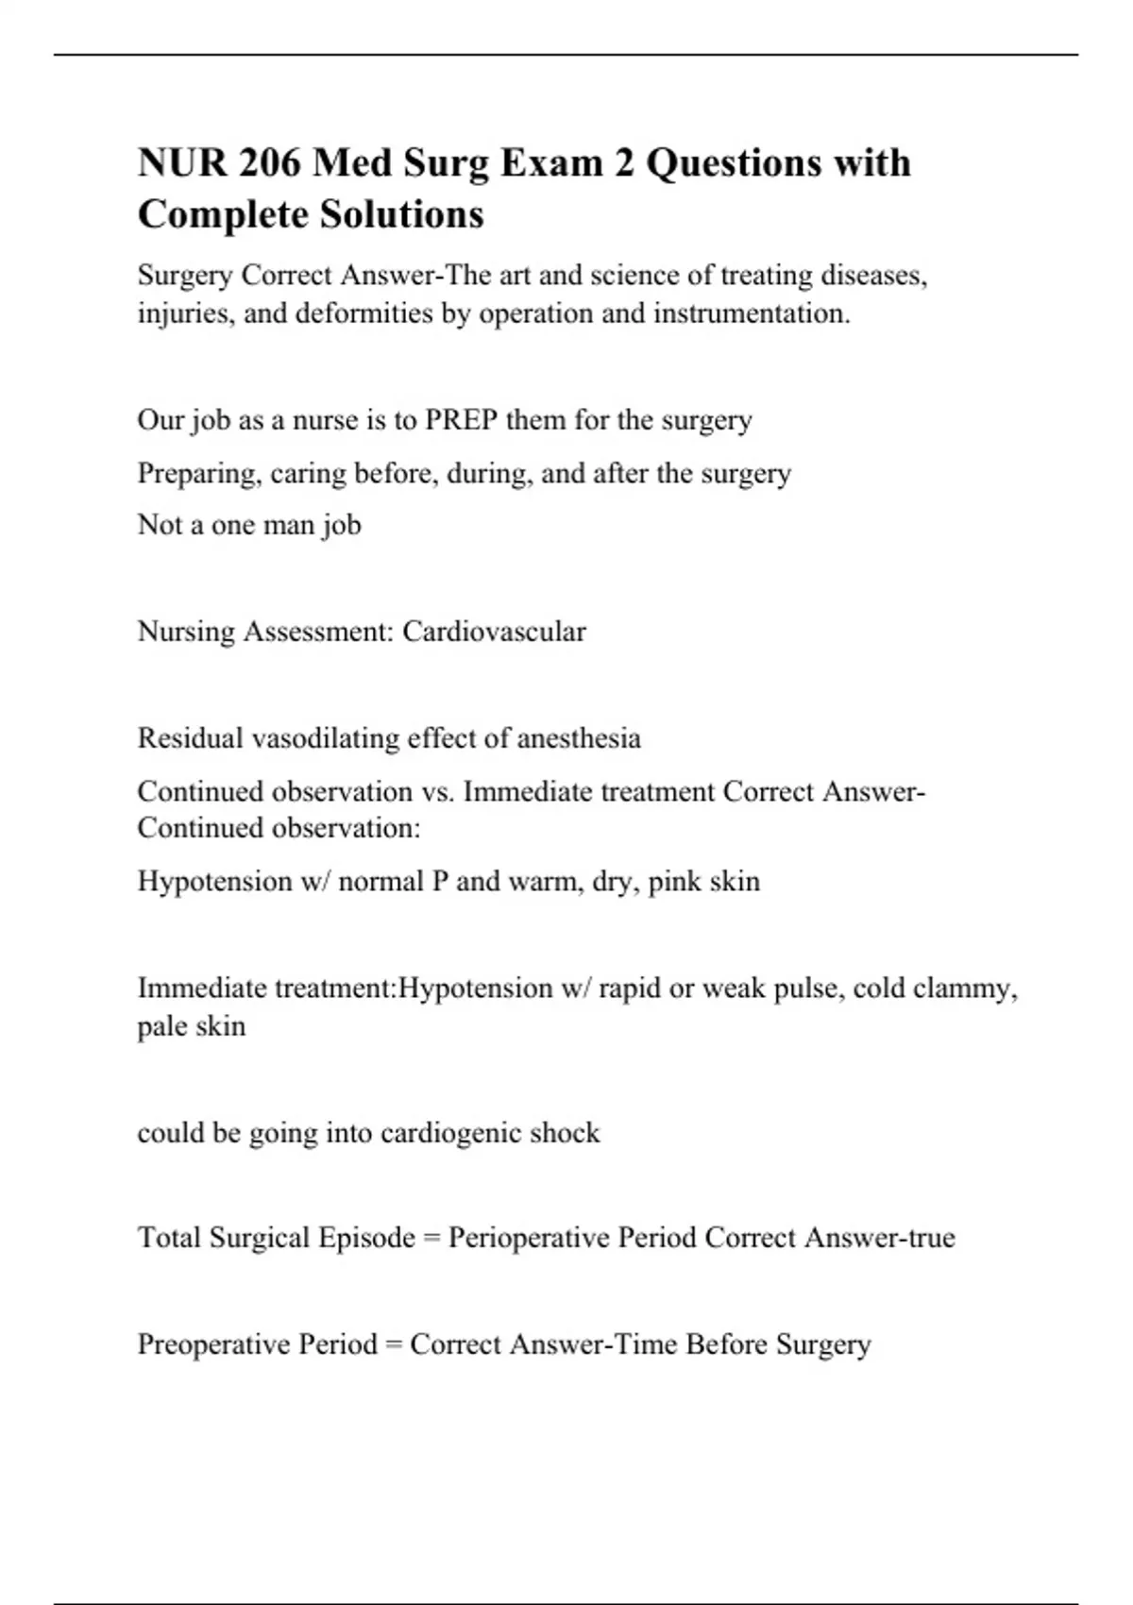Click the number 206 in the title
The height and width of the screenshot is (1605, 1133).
tap(269, 162)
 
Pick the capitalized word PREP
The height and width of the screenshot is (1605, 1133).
tap(462, 419)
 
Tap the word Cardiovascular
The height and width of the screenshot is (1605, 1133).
tap(494, 631)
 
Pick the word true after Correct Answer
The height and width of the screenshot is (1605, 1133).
tap(932, 1237)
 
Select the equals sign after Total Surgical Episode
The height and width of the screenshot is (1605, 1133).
tap(431, 1239)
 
